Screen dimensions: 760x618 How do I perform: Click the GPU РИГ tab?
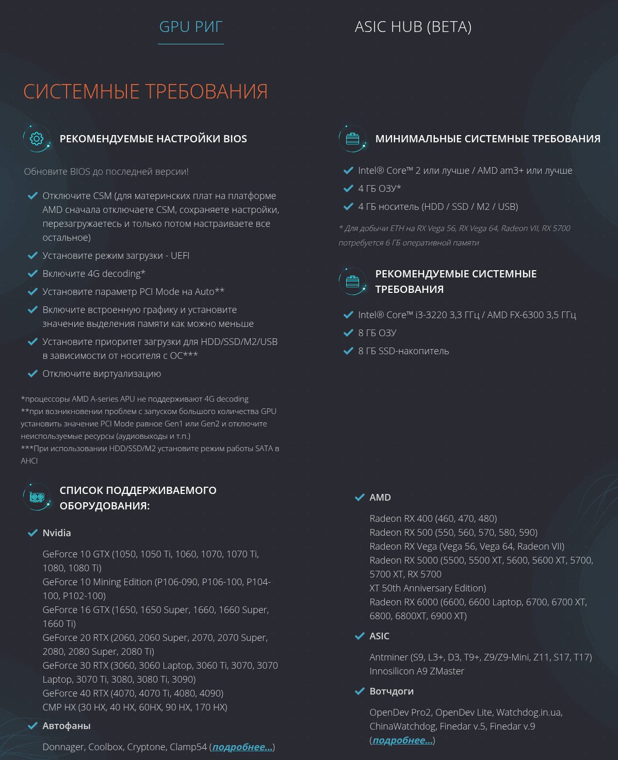tap(190, 27)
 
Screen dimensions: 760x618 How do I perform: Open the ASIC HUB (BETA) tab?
tap(413, 27)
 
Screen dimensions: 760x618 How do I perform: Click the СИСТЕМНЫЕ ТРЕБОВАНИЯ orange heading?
tap(145, 92)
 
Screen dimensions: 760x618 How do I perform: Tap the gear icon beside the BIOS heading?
tap(37, 139)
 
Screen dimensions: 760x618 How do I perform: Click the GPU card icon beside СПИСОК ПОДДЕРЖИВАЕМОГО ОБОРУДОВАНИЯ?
tap(37, 497)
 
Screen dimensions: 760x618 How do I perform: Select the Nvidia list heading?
tap(57, 533)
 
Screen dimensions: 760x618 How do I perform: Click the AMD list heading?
tap(380, 497)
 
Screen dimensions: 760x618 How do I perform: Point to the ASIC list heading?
tap(379, 636)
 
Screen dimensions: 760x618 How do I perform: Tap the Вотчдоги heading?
tap(392, 691)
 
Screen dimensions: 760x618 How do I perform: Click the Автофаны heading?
tap(67, 725)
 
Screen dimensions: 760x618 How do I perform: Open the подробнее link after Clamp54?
tap(242, 747)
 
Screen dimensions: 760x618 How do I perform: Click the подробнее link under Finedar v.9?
tap(402, 740)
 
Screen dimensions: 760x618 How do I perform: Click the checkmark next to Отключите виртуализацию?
tap(32, 373)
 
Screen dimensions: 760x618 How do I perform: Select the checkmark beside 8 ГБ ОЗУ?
tap(348, 333)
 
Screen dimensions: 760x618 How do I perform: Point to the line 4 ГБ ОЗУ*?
tap(380, 188)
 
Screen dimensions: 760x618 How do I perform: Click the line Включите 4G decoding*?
tap(94, 273)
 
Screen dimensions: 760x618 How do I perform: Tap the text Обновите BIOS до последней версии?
tap(106, 171)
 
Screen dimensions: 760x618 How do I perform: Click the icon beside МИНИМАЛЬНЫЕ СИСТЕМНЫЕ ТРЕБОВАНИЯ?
tap(352, 139)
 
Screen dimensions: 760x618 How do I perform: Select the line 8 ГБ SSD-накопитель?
tap(403, 351)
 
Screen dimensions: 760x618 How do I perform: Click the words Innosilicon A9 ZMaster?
tap(417, 671)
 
